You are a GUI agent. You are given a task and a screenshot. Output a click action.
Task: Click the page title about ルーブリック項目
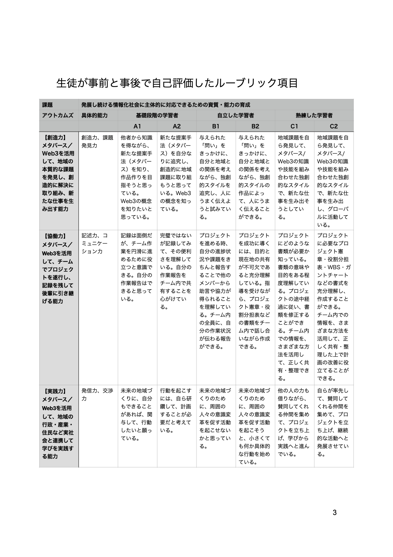pos(177,83)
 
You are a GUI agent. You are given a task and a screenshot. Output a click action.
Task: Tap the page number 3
pos(335,513)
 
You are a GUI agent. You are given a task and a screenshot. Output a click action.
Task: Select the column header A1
pos(137,126)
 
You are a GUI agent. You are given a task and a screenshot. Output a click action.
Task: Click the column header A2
pos(177,126)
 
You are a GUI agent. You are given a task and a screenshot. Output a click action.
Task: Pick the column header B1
pos(216,126)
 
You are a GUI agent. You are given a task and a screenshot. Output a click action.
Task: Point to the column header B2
pos(255,126)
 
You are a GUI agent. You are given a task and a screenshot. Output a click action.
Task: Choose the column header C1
pos(294,126)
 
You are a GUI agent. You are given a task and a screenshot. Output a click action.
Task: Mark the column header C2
pos(334,126)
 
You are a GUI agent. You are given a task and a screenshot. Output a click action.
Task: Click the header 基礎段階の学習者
pos(157,115)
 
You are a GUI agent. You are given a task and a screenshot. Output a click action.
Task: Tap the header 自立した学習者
pos(235,115)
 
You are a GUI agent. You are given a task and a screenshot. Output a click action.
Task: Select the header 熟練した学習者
pos(314,115)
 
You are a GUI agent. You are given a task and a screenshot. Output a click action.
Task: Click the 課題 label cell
pos(48,105)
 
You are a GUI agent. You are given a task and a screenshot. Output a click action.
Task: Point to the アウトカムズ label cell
pos(58,115)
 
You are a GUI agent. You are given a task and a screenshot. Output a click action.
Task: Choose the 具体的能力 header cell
pos(94,115)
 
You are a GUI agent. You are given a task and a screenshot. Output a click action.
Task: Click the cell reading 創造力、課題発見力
pos(97,142)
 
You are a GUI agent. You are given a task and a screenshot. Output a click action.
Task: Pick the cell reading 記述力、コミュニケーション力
pos(95,243)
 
